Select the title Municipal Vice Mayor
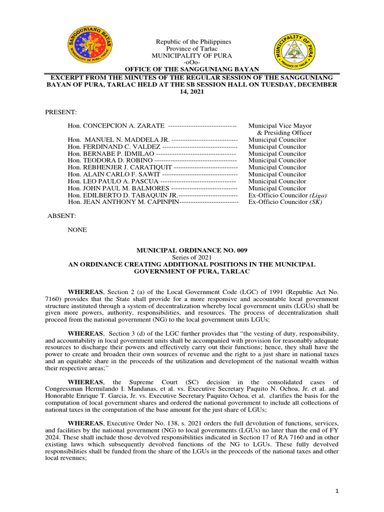280,126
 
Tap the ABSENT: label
61,216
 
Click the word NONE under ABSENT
77,230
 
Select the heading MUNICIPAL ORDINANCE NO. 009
192,250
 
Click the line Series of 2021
192,257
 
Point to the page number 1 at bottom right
337,492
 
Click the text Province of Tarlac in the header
192,48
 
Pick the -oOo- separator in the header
192,62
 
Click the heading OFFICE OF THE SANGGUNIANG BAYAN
192,69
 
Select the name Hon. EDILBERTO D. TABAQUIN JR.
122,195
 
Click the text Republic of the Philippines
192,41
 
